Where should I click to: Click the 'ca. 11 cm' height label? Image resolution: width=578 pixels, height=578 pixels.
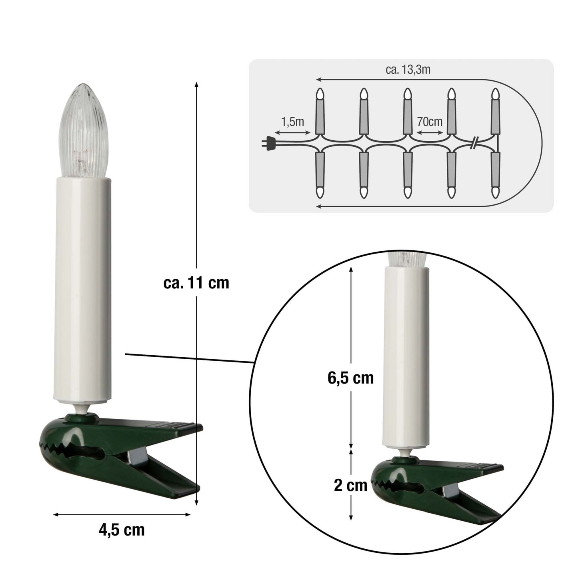click(196, 282)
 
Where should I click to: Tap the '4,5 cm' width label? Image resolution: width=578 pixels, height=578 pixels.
click(122, 530)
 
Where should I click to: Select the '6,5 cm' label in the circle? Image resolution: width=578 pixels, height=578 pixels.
click(351, 378)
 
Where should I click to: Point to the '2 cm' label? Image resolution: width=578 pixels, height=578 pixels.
click(351, 485)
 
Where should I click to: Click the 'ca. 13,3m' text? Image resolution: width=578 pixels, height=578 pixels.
click(408, 70)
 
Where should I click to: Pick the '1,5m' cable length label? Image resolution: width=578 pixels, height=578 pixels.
click(292, 122)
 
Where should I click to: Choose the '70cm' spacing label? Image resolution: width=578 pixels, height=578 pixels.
click(430, 122)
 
